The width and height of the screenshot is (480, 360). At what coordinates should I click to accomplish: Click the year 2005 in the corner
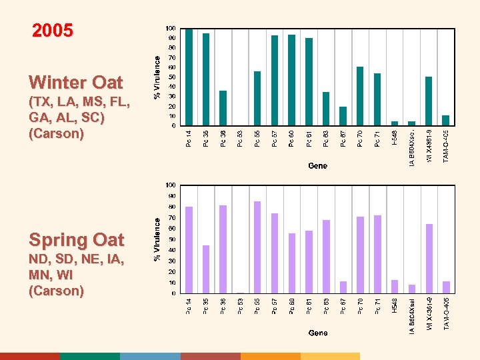pyautogui.click(x=53, y=31)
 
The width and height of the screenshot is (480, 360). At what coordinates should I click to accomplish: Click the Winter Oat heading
pyautogui.click(x=76, y=83)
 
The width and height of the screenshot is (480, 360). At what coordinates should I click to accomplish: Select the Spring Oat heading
pyautogui.click(x=77, y=239)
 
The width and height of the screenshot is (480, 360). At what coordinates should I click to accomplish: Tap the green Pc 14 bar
pyautogui.click(x=189, y=77)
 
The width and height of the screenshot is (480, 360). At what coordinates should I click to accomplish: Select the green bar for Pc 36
pyautogui.click(x=223, y=108)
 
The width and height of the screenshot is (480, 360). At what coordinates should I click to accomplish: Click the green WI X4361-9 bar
pyautogui.click(x=429, y=101)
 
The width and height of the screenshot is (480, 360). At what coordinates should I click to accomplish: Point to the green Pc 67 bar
pyautogui.click(x=343, y=116)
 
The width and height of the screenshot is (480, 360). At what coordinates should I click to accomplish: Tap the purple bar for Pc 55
pyautogui.click(x=257, y=247)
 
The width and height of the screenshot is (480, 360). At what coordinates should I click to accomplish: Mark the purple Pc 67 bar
pyautogui.click(x=343, y=287)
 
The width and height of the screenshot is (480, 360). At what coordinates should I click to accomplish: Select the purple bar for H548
pyautogui.click(x=395, y=287)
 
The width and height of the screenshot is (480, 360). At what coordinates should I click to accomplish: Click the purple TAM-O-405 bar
pyautogui.click(x=446, y=287)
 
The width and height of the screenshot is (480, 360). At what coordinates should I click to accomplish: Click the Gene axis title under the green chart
pyautogui.click(x=317, y=165)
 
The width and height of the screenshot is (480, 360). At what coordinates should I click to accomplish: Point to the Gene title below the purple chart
pyautogui.click(x=317, y=332)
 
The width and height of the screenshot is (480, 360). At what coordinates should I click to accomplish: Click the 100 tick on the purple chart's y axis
pyautogui.click(x=171, y=185)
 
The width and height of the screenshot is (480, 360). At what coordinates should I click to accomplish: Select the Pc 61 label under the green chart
pyautogui.click(x=309, y=138)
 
